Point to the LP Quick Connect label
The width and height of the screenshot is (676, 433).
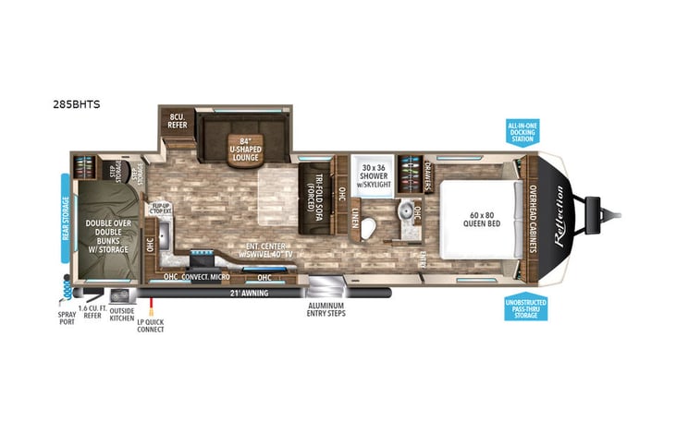[x=151, y=324]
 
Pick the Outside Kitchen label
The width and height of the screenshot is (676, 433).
[x=121, y=314]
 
